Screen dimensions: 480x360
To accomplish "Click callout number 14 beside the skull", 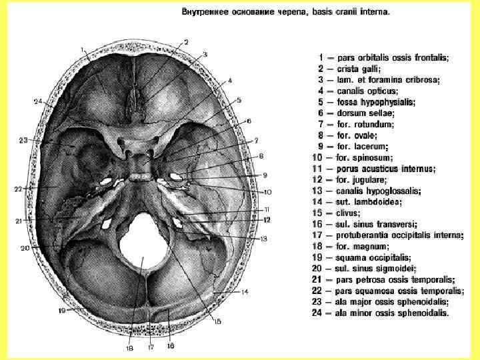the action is (245, 292).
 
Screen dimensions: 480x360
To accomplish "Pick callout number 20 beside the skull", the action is (25, 248).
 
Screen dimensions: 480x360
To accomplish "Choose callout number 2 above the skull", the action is (187, 42).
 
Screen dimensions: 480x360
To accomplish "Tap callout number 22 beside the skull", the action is (19, 189).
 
